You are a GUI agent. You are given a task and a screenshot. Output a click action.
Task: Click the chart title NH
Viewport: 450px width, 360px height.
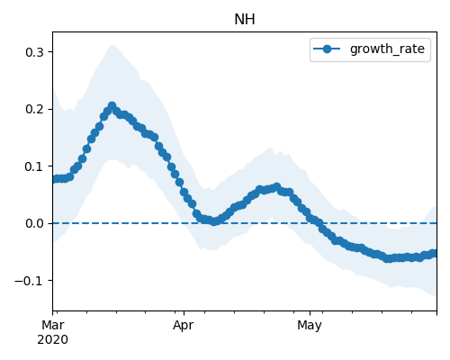[x=245, y=20]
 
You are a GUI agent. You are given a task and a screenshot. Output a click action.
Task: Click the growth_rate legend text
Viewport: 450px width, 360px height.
[x=387, y=49]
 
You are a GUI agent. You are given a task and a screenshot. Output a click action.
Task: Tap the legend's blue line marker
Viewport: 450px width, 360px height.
[x=327, y=49]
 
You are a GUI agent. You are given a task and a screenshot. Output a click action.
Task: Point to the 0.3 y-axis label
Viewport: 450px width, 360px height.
[x=34, y=52]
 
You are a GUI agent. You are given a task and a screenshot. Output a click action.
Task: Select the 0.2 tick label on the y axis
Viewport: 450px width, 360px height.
[x=34, y=109]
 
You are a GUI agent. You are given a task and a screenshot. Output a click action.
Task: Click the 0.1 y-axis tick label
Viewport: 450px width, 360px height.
[x=34, y=166]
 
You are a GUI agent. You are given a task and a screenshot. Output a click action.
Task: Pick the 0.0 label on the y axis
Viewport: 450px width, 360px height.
[x=34, y=223]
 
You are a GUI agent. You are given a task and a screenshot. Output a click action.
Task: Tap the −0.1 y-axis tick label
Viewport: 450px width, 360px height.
[x=29, y=281]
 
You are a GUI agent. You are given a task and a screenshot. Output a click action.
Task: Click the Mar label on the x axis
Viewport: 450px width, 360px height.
[x=53, y=325]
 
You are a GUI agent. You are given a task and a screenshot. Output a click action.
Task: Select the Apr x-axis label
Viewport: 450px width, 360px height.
[x=184, y=326]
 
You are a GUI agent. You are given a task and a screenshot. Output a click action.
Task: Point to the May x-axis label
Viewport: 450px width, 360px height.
[x=310, y=326]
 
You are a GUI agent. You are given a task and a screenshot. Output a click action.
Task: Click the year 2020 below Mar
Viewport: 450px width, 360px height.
[x=52, y=339]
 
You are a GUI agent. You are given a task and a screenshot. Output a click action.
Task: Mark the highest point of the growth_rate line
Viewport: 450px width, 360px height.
[x=112, y=105]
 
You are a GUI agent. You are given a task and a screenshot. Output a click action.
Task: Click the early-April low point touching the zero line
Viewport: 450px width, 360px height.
[x=213, y=221]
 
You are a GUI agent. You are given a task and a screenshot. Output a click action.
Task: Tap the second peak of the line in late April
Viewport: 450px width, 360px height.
[x=276, y=187]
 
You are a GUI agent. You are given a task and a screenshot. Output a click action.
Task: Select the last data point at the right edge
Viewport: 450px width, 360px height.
[x=435, y=254]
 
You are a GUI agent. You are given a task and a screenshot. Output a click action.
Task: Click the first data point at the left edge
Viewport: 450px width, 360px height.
[x=54, y=179]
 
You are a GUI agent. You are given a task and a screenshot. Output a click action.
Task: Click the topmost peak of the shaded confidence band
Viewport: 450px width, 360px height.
[x=112, y=45]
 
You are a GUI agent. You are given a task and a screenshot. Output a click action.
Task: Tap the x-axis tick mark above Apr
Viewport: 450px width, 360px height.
[x=184, y=313]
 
